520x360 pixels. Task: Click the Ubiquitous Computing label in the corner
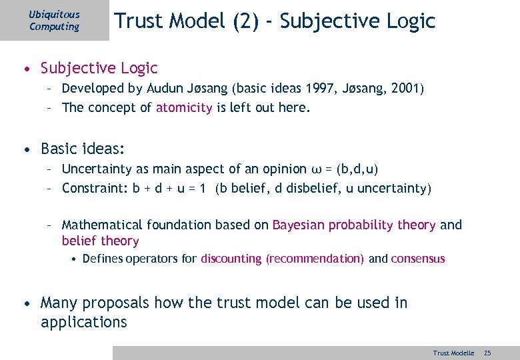click(x=54, y=21)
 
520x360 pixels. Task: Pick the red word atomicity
click(x=185, y=108)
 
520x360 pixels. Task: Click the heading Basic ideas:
click(x=83, y=148)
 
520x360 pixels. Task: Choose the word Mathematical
click(x=102, y=225)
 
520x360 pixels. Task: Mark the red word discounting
click(x=231, y=259)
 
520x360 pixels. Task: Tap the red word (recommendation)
click(x=315, y=259)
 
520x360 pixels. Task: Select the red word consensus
click(x=417, y=259)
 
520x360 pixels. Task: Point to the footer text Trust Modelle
click(x=453, y=353)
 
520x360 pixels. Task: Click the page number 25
click(x=487, y=353)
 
